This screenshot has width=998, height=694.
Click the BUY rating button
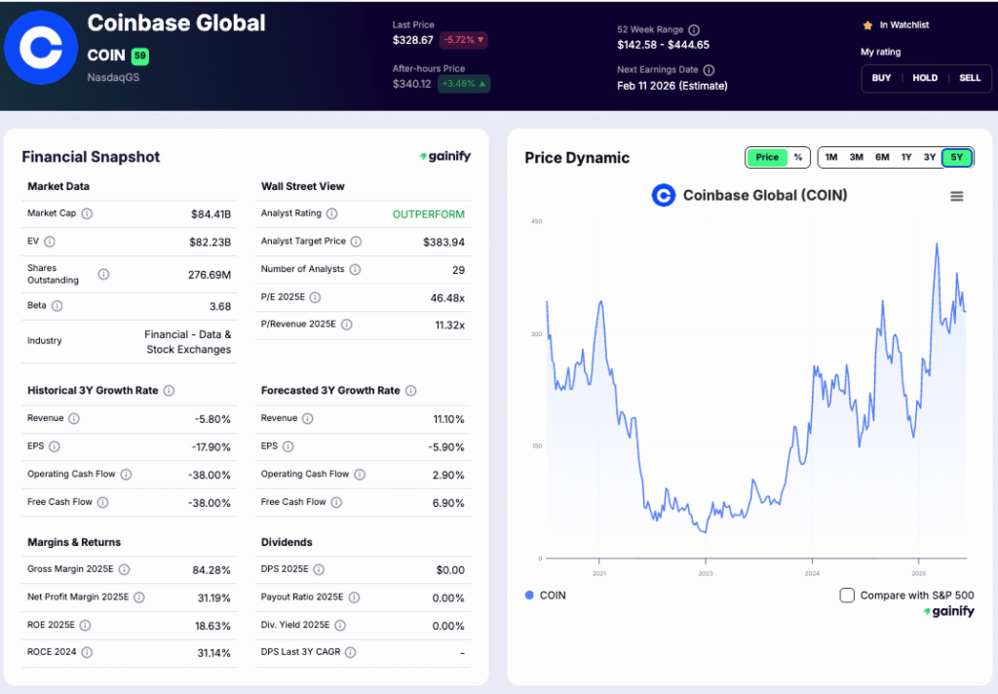point(881,78)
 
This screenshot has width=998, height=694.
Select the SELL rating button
point(970,78)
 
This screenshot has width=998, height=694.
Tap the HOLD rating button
point(925,78)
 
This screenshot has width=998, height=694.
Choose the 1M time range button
point(831,157)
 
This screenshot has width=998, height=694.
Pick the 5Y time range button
point(956,157)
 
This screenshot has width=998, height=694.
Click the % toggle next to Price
point(798,157)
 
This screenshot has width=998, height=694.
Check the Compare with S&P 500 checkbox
point(847,595)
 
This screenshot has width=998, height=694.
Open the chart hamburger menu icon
point(956,196)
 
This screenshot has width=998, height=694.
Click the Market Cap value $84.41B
point(211,213)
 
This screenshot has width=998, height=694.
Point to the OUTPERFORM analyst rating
point(429,213)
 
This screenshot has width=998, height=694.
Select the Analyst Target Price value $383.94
point(443,242)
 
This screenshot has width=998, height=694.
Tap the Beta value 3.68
point(220,306)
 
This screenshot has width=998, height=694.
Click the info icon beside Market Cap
point(87,213)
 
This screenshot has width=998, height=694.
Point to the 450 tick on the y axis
point(536,221)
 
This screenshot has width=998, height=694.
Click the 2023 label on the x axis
point(706,573)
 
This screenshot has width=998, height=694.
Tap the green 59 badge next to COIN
point(139,56)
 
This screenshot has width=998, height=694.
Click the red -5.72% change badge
point(463,40)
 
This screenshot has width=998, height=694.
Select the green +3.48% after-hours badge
point(464,84)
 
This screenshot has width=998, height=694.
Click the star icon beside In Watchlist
point(867,25)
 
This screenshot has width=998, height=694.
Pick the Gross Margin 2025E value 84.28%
point(211,569)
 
